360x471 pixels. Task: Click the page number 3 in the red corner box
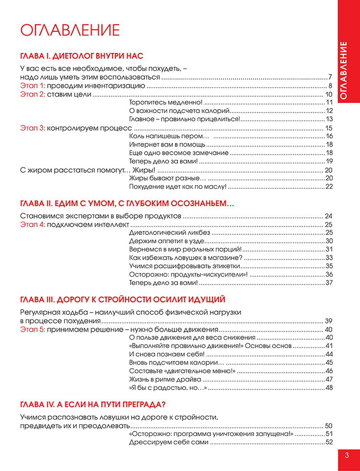point(347,455)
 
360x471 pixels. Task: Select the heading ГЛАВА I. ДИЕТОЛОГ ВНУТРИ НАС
point(81,56)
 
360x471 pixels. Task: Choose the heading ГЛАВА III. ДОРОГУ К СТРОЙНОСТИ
point(122,299)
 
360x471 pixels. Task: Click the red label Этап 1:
point(33,86)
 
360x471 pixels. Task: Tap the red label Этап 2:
point(33,95)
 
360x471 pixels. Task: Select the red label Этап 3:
point(33,128)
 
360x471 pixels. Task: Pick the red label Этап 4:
point(33,225)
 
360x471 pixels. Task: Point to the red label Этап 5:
point(33,329)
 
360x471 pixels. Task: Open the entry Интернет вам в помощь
point(160,144)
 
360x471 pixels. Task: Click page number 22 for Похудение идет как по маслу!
point(329,186)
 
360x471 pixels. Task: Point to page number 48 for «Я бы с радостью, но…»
point(329,387)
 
